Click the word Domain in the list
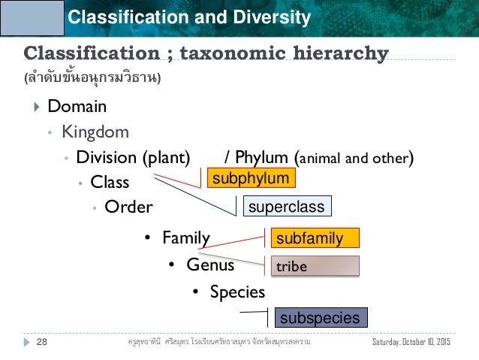pyautogui.click(x=77, y=107)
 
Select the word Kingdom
pyautogui.click(x=95, y=132)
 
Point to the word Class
pyautogui.click(x=110, y=182)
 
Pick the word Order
pyautogui.click(x=128, y=207)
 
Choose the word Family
pyautogui.click(x=186, y=238)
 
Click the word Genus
pyautogui.click(x=210, y=265)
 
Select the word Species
pyautogui.click(x=237, y=291)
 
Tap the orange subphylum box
pyautogui.click(x=251, y=178)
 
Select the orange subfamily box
pyautogui.click(x=315, y=239)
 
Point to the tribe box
pyautogui.click(x=315, y=266)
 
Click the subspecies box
pyautogui.click(x=320, y=318)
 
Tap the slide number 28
pyautogui.click(x=41, y=342)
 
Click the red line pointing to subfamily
pyautogui.click(x=240, y=241)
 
